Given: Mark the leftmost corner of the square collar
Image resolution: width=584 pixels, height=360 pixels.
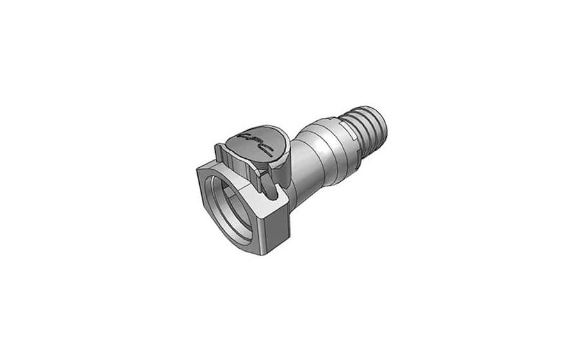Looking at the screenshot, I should pyautogui.click(x=196, y=168).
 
